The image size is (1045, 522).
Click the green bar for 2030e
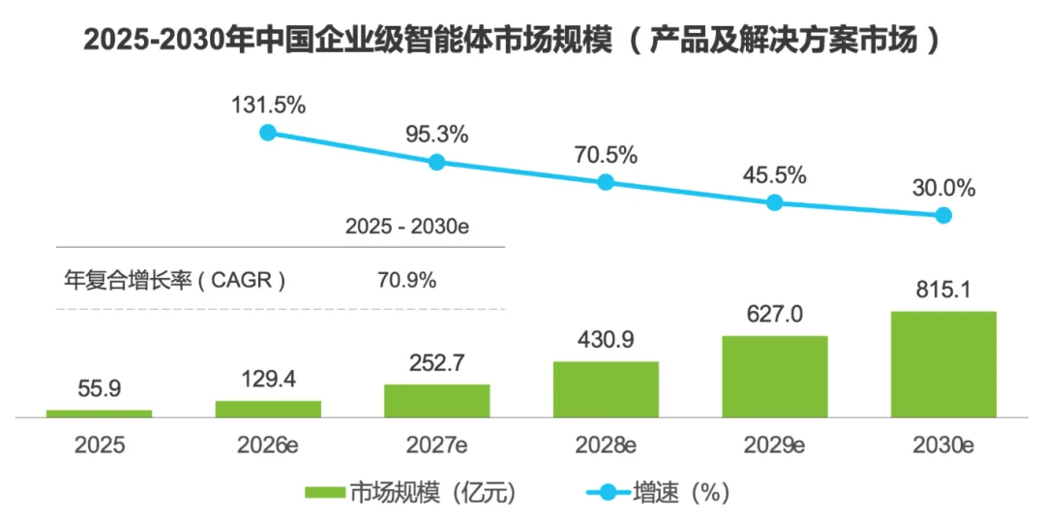(943, 364)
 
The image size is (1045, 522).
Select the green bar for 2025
(100, 414)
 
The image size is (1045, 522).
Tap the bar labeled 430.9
(606, 389)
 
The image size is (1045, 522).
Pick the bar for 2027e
(437, 401)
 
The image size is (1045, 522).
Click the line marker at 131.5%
(268, 133)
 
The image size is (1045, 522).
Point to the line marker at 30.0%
(943, 215)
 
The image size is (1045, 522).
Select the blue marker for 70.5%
(606, 182)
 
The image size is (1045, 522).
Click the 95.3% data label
(436, 134)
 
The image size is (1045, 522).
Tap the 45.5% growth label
(774, 176)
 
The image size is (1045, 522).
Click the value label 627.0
(774, 314)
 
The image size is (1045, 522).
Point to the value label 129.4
(268, 379)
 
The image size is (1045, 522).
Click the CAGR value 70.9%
(407, 280)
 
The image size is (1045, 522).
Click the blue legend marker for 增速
(609, 493)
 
